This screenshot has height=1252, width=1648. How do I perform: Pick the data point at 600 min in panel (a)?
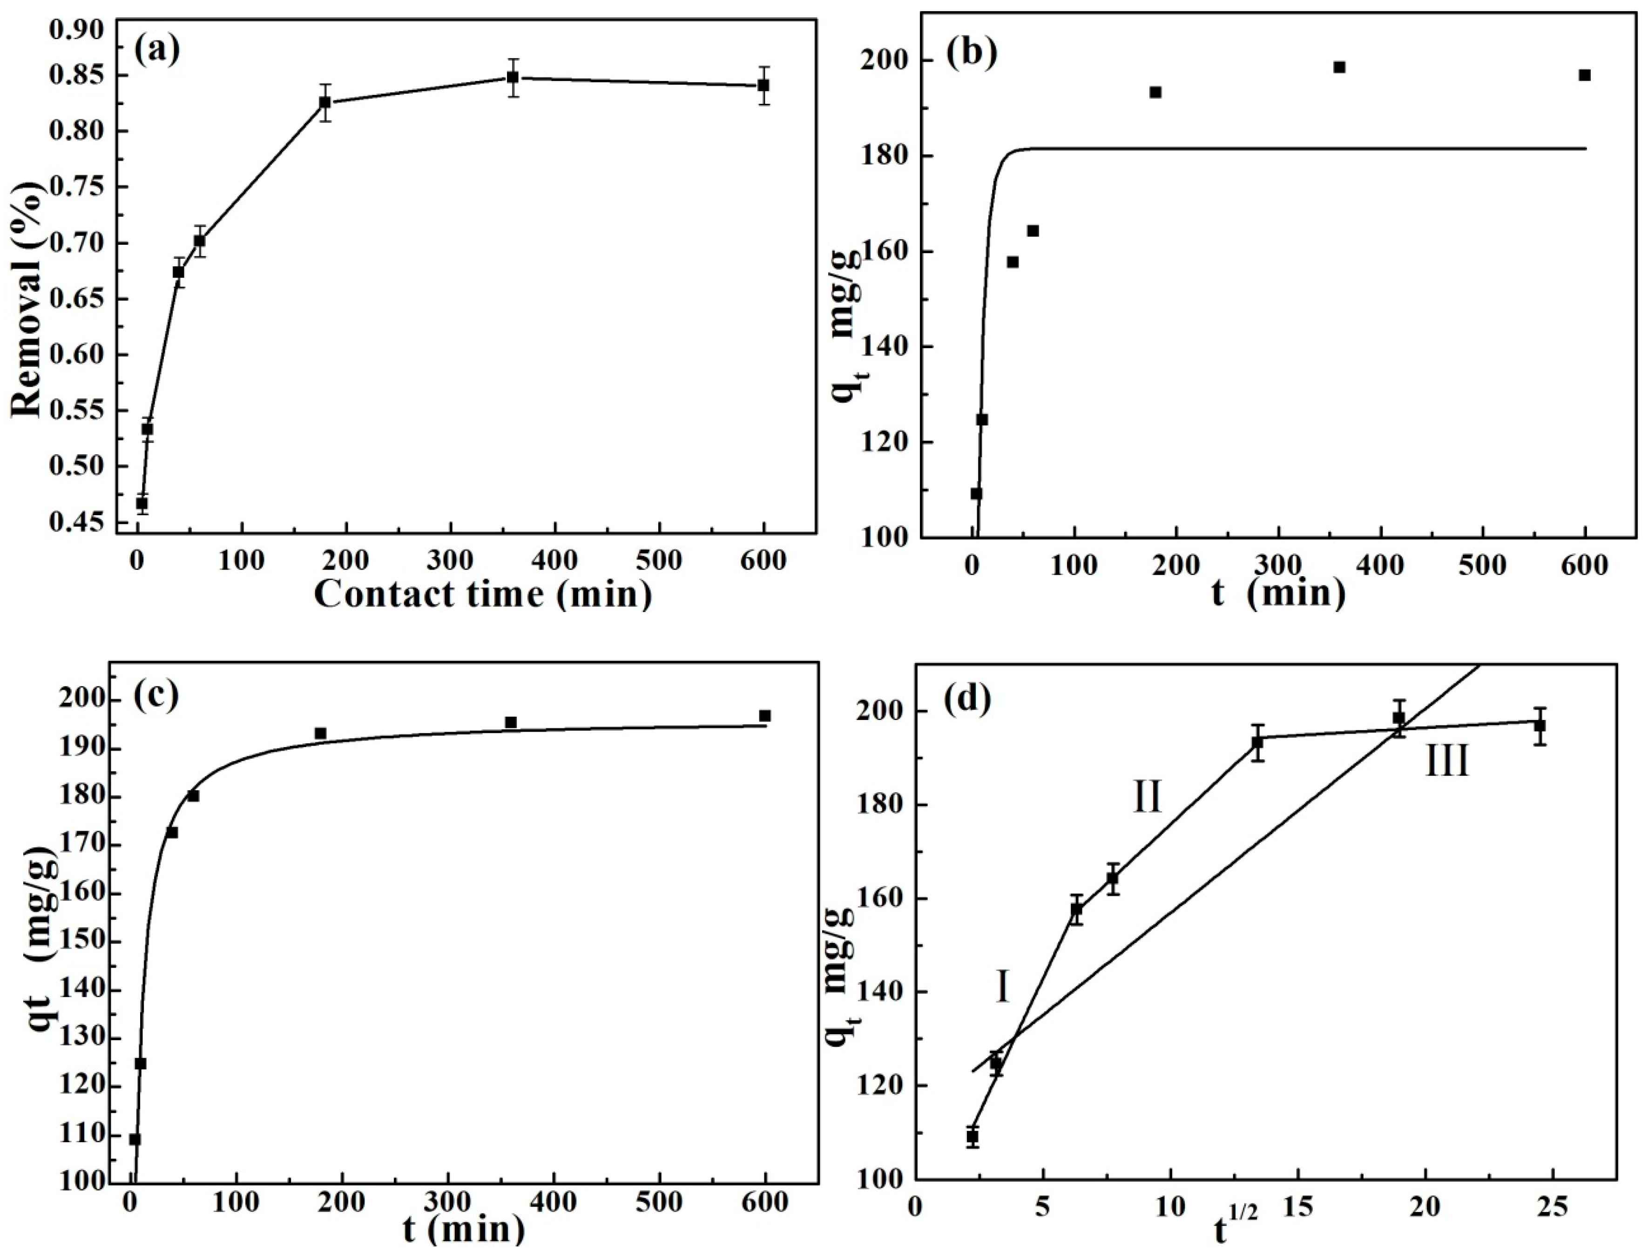[763, 86]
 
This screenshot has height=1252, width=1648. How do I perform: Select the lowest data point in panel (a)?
[142, 503]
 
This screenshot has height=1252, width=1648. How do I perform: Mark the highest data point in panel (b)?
[1339, 67]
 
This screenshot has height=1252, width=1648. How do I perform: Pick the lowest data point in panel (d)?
[973, 1158]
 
